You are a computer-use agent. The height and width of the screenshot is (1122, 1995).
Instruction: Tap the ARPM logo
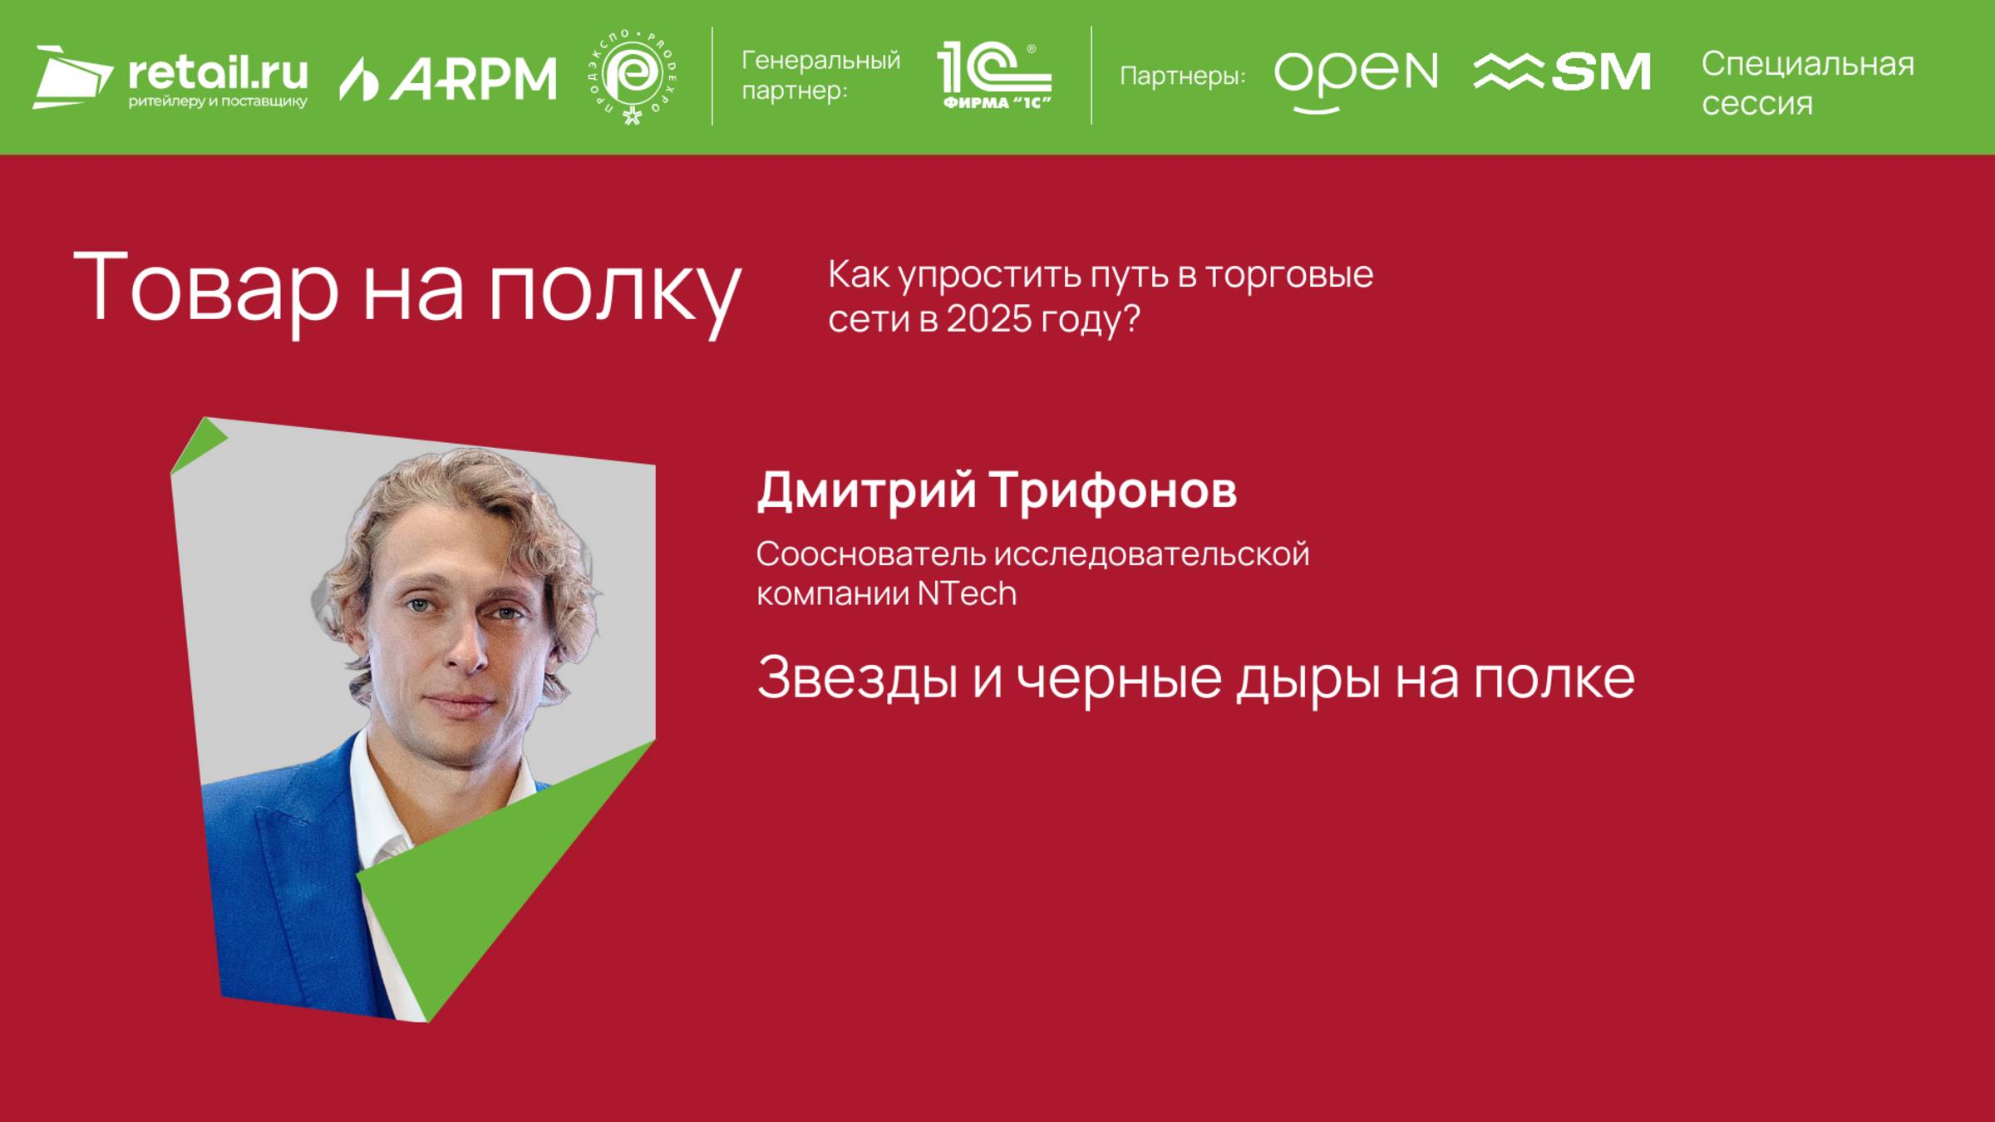coord(448,78)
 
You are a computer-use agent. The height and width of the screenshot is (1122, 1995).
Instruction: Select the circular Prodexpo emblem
coord(633,77)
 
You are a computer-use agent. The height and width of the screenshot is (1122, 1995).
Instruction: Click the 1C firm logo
coord(994,76)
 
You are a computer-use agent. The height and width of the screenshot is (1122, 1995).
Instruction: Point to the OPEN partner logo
coord(1356,77)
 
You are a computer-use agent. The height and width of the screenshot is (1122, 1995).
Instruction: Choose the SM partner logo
coord(1562,72)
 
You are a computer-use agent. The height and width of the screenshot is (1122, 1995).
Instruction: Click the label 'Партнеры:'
coord(1182,76)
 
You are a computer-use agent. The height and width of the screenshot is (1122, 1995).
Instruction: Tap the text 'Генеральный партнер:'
coord(820,75)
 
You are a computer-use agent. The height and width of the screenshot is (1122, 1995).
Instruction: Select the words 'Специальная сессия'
coord(1807,83)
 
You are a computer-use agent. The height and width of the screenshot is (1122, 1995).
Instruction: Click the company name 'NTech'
coord(967,594)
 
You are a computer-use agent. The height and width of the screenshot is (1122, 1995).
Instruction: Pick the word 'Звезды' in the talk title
coord(857,678)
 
